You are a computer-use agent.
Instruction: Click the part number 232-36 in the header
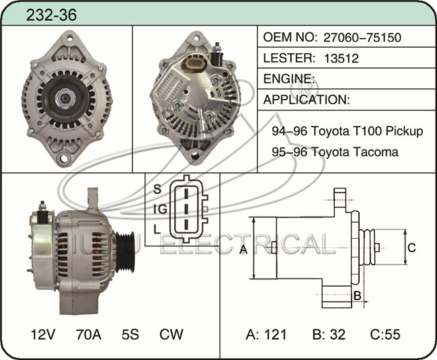(x=51, y=15)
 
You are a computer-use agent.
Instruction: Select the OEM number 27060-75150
(x=362, y=38)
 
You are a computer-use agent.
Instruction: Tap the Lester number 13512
(x=341, y=59)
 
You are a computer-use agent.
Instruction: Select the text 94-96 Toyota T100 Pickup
(x=348, y=131)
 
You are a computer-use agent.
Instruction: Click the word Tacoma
(x=375, y=152)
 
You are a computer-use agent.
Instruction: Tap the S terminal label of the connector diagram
(x=157, y=189)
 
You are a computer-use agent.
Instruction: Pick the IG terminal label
(x=160, y=209)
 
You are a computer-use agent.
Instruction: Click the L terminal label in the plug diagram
(x=157, y=229)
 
